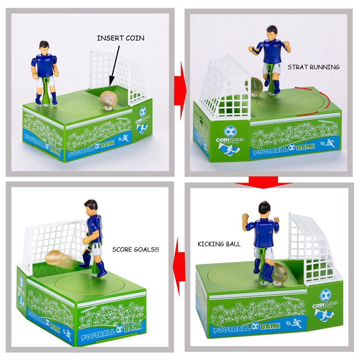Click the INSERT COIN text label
[x=121, y=38]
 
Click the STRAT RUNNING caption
[x=313, y=67]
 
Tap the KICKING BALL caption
[x=219, y=244]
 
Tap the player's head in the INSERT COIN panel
[x=44, y=46]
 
